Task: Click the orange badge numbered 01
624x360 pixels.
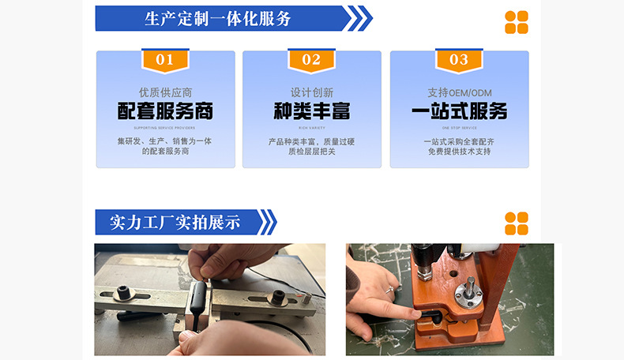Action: [x=165, y=60]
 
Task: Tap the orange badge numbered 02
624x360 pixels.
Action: [x=311, y=60]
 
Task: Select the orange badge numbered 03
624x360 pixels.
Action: [x=458, y=60]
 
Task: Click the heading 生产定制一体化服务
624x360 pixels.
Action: [x=218, y=19]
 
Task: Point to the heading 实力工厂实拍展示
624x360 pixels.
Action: [x=175, y=223]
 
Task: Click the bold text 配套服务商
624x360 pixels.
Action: [x=165, y=111]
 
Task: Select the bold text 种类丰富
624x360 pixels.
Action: [x=311, y=111]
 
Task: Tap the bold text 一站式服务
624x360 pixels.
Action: [x=459, y=111]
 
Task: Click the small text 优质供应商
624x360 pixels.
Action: [x=165, y=92]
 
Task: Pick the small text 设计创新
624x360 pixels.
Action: [x=311, y=92]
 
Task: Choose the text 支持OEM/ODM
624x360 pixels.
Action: [x=459, y=92]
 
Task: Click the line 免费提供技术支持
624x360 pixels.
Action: [x=459, y=152]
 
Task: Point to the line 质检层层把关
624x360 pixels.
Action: [x=311, y=152]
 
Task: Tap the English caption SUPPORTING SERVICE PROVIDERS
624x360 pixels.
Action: [x=165, y=127]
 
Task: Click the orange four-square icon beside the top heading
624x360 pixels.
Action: [x=517, y=22]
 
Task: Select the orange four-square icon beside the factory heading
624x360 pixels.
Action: [x=517, y=223]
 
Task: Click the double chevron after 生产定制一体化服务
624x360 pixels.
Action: [x=360, y=19]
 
